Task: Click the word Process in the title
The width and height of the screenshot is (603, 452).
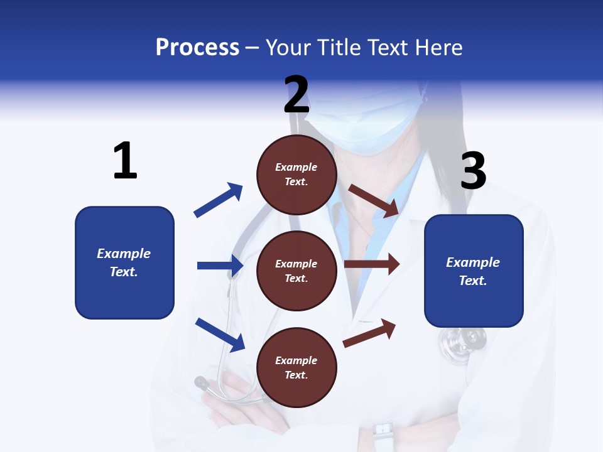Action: click(x=197, y=47)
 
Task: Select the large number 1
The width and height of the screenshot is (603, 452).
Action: click(x=125, y=161)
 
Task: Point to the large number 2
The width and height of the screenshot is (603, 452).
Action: click(x=296, y=94)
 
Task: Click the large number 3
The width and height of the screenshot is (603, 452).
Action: click(x=473, y=171)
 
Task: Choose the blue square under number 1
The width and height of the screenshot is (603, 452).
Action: click(x=124, y=262)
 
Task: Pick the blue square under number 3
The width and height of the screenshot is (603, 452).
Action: click(x=474, y=271)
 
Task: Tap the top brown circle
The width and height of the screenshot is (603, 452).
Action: click(x=296, y=175)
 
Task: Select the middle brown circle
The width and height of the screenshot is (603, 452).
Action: click(x=296, y=271)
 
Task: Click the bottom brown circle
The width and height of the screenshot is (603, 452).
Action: click(x=296, y=367)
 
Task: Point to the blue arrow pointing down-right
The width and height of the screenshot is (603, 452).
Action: click(x=220, y=334)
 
